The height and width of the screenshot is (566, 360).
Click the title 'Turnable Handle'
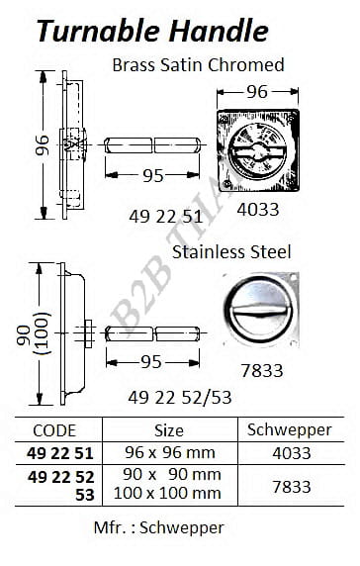pyautogui.click(x=152, y=31)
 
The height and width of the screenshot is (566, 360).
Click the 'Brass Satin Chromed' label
pyautogui.click(x=199, y=65)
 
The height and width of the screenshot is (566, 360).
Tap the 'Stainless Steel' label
pyautogui.click(x=231, y=252)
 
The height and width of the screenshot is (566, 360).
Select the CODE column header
pyautogui.click(x=54, y=430)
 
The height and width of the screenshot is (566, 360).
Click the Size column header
pyautogui.click(x=169, y=430)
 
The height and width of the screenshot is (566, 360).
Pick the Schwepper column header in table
pyautogui.click(x=290, y=430)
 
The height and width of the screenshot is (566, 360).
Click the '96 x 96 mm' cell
pyautogui.click(x=170, y=452)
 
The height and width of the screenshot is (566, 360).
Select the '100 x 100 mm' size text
pyautogui.click(x=167, y=493)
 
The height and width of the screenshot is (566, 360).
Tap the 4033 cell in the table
pyautogui.click(x=292, y=453)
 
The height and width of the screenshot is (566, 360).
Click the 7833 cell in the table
pyautogui.click(x=292, y=487)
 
